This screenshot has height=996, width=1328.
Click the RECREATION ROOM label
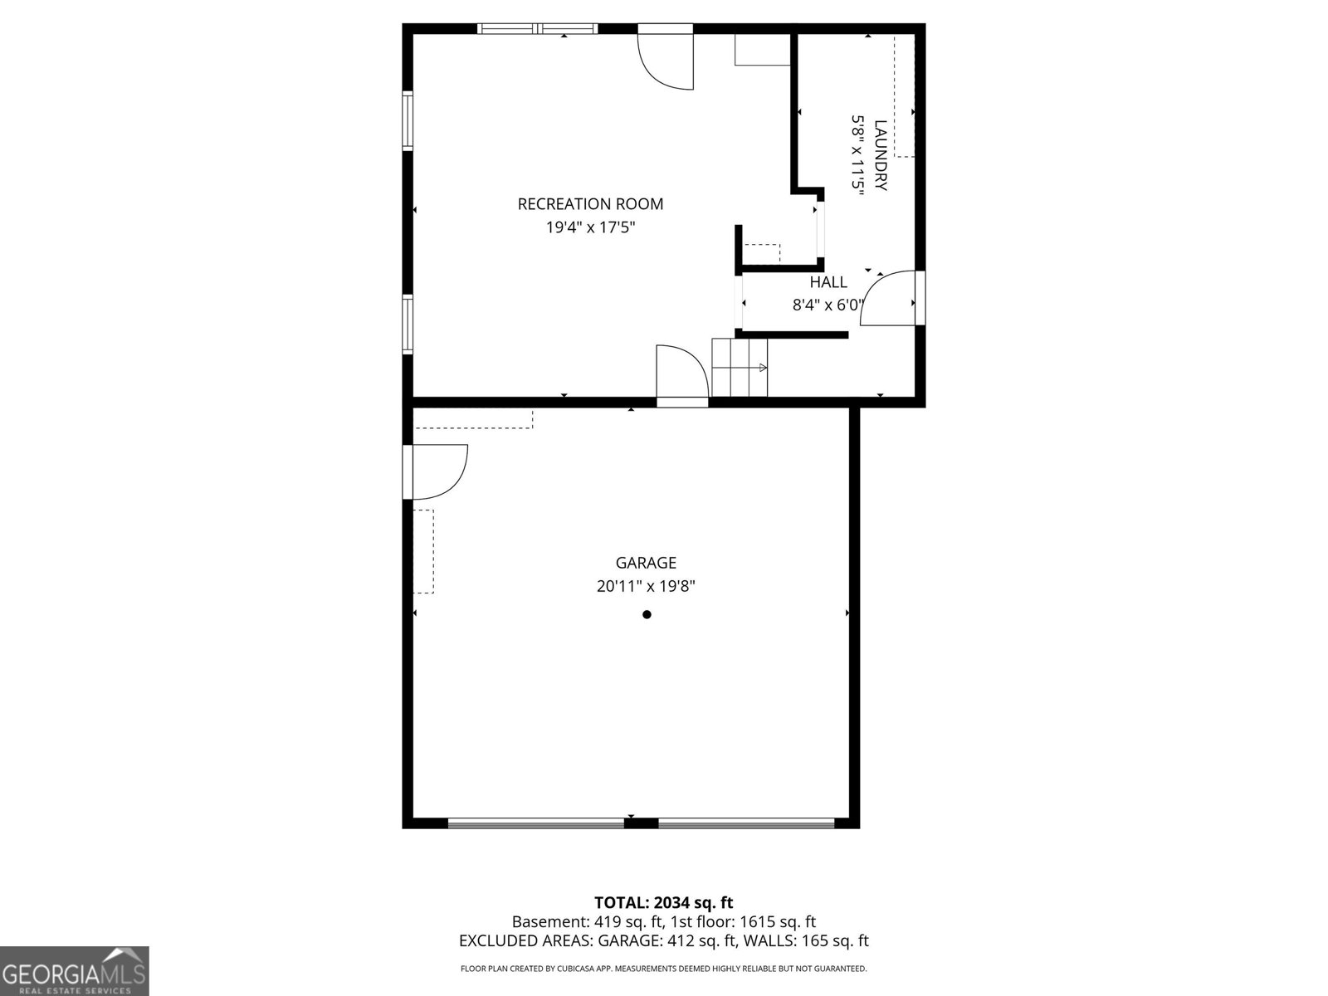click(x=590, y=204)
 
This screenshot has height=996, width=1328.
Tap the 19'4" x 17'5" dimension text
click(x=590, y=227)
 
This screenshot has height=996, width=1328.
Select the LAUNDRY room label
click(x=881, y=155)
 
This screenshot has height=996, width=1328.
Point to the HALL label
click(x=828, y=282)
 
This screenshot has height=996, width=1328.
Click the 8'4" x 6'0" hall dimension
click(x=828, y=305)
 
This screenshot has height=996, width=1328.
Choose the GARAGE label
click(x=646, y=564)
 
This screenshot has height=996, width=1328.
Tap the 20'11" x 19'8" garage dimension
click(x=646, y=586)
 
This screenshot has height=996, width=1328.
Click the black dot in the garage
click(x=647, y=615)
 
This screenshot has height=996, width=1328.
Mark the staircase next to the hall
click(x=740, y=368)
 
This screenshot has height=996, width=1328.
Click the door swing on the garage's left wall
click(x=438, y=471)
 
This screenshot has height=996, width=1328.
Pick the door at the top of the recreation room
click(x=666, y=56)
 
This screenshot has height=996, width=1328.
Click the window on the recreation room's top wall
click(x=537, y=29)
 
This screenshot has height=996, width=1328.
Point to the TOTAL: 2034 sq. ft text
click(x=663, y=902)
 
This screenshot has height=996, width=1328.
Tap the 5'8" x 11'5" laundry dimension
click(x=857, y=155)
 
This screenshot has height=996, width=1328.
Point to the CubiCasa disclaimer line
click(x=663, y=969)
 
